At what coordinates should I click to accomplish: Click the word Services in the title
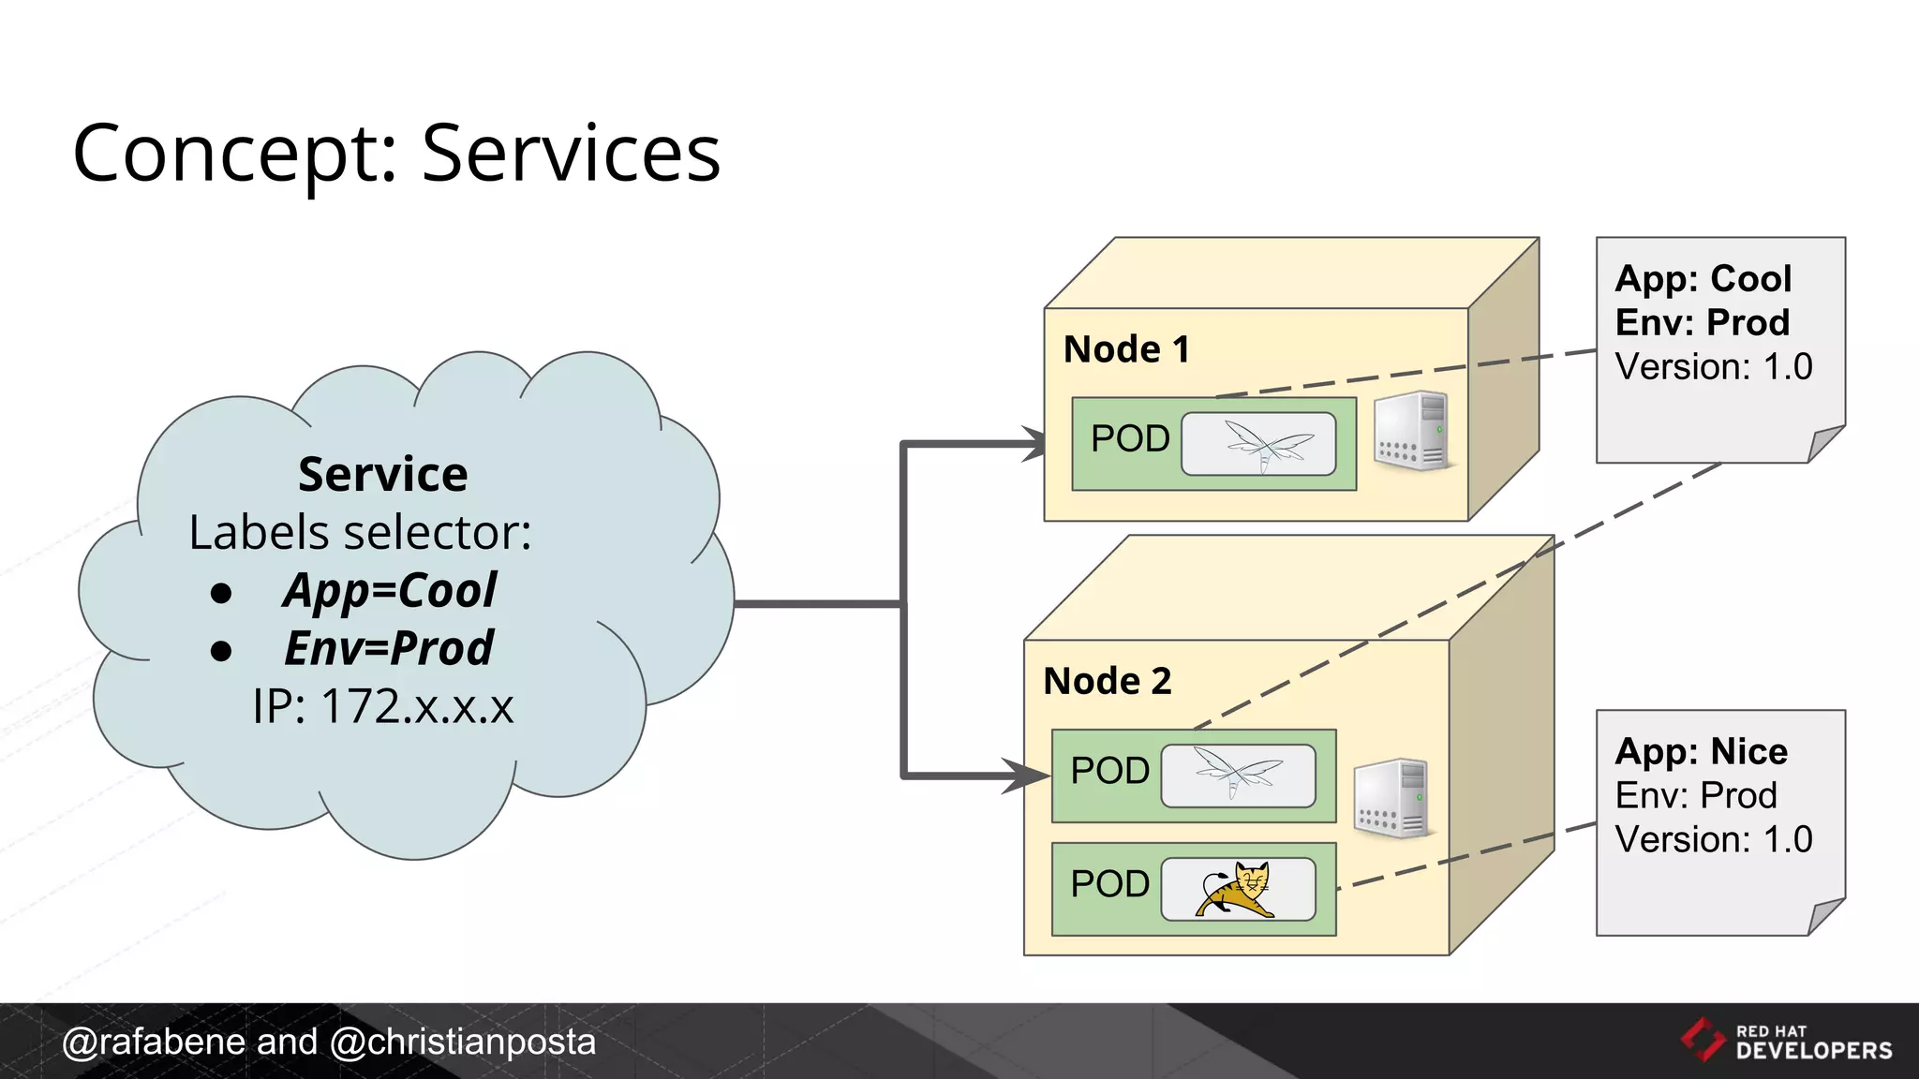(571, 153)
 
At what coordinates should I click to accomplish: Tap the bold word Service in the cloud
(382, 474)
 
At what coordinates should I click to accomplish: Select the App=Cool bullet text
(390, 590)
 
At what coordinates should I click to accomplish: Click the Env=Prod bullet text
(388, 648)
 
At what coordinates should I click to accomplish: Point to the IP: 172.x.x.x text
(382, 706)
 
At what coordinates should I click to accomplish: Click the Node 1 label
(1126, 349)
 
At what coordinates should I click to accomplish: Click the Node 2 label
(1108, 681)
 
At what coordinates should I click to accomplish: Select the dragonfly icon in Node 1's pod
(1258, 444)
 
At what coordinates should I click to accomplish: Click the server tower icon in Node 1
(1413, 431)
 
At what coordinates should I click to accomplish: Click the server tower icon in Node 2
(1392, 798)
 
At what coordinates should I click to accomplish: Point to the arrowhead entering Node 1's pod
(1034, 444)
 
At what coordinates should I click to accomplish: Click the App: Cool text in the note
(1703, 279)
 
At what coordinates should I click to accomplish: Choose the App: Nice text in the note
(1701, 752)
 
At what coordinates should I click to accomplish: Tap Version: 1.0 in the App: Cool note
(1713, 367)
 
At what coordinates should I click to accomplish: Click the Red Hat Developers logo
(1786, 1042)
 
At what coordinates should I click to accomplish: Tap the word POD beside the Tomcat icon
(1109, 884)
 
